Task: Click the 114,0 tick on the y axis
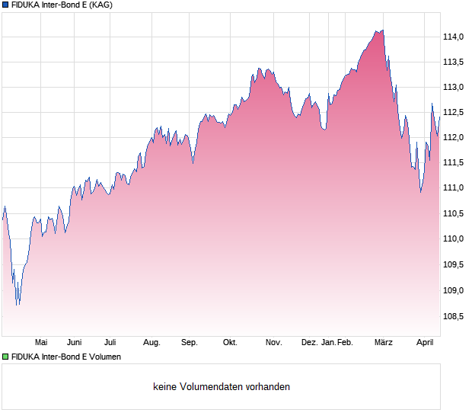coord(454,37)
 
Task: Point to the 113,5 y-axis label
coord(454,62)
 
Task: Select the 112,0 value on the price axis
coord(454,137)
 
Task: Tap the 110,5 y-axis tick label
coord(454,213)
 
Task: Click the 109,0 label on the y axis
coord(454,290)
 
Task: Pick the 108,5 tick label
coord(454,315)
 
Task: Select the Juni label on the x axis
coord(74,343)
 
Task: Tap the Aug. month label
coord(151,343)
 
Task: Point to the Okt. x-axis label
coord(230,343)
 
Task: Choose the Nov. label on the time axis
coord(274,343)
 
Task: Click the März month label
coord(384,343)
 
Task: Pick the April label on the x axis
coord(424,343)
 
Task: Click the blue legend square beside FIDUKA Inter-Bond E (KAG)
coord(5,5)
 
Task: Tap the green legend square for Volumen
coord(5,357)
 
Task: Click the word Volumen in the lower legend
coord(102,357)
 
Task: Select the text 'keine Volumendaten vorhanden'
coord(222,387)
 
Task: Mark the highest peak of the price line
coord(382,30)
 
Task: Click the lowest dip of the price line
coord(18,305)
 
